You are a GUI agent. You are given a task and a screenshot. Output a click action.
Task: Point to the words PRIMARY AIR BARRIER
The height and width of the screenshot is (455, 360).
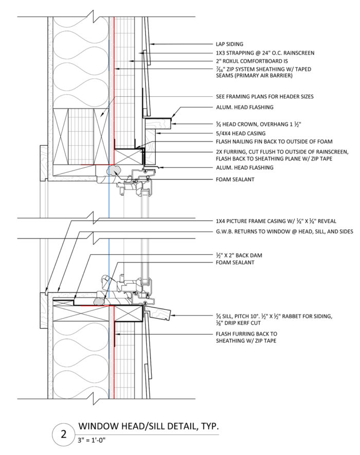click(x=246, y=76)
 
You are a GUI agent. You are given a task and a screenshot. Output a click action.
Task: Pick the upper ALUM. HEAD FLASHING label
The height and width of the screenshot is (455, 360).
click(x=245, y=107)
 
